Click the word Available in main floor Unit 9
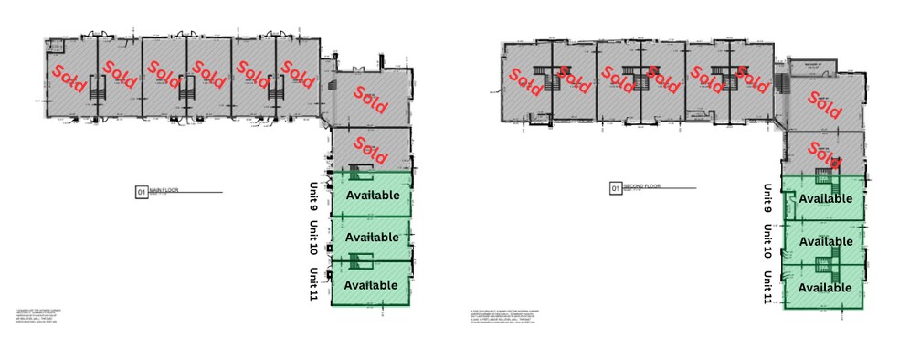pos(372,196)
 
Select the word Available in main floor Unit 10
pos(372,238)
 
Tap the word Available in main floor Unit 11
pos(371,285)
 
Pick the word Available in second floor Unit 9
pos(825,198)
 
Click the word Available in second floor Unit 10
pos(825,241)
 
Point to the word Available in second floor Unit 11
pos(824,287)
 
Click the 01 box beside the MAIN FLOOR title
pos(141,192)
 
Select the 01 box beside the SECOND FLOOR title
pos(615,189)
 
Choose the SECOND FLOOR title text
pos(641,188)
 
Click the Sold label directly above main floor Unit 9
pos(370,147)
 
